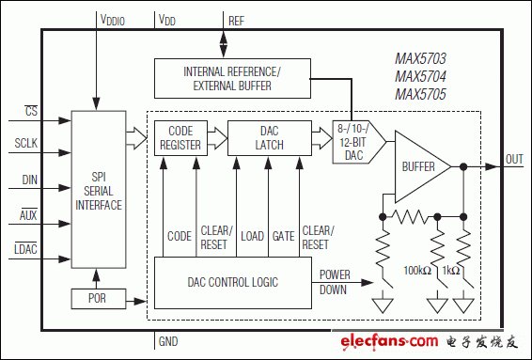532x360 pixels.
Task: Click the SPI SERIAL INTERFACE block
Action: click(x=99, y=190)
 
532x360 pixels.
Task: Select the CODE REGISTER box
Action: click(x=180, y=138)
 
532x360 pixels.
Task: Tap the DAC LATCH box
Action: click(x=270, y=138)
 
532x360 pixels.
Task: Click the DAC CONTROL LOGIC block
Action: click(x=233, y=283)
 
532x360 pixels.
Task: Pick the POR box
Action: click(x=99, y=299)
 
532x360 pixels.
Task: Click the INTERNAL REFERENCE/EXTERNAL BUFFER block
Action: click(x=232, y=78)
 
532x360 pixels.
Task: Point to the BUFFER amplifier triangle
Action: click(x=421, y=166)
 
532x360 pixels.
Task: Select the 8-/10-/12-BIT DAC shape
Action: click(x=358, y=142)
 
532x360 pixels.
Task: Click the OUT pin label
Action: click(x=514, y=159)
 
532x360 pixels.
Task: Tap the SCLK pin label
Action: click(x=25, y=143)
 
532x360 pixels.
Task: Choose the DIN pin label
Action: click(x=30, y=180)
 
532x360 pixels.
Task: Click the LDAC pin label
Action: click(x=25, y=249)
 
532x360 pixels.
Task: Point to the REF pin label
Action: click(x=236, y=21)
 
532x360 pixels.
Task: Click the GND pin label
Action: click(x=168, y=341)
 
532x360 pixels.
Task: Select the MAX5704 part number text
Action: click(x=420, y=76)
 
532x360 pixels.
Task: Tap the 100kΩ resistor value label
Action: click(x=417, y=271)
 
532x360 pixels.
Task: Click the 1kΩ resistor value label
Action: click(x=451, y=271)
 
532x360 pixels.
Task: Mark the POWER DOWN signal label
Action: click(x=335, y=282)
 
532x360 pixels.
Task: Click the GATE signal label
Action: click(x=283, y=236)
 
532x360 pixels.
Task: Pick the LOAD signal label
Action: click(x=252, y=236)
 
